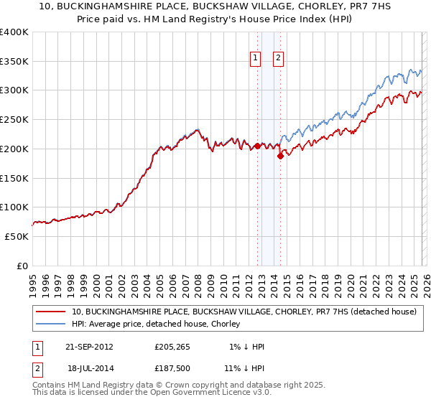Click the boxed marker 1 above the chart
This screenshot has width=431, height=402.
pos(255,60)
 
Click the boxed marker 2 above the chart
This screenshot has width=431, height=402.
pos(278,60)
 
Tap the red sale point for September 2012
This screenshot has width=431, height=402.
pos(257,146)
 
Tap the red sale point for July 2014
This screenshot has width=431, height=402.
pos(280,156)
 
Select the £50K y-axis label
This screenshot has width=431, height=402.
pos(17,236)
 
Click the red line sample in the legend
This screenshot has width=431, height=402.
pos(51,312)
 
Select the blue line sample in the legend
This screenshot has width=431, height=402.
pos(51,324)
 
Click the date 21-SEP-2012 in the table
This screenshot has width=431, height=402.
pos(89,347)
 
